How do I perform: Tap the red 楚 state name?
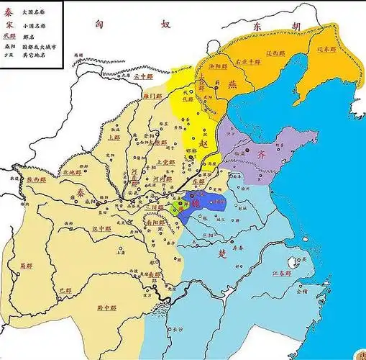(x=224, y=254)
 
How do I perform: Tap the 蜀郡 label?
(x=27, y=266)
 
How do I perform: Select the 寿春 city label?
(x=242, y=244)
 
